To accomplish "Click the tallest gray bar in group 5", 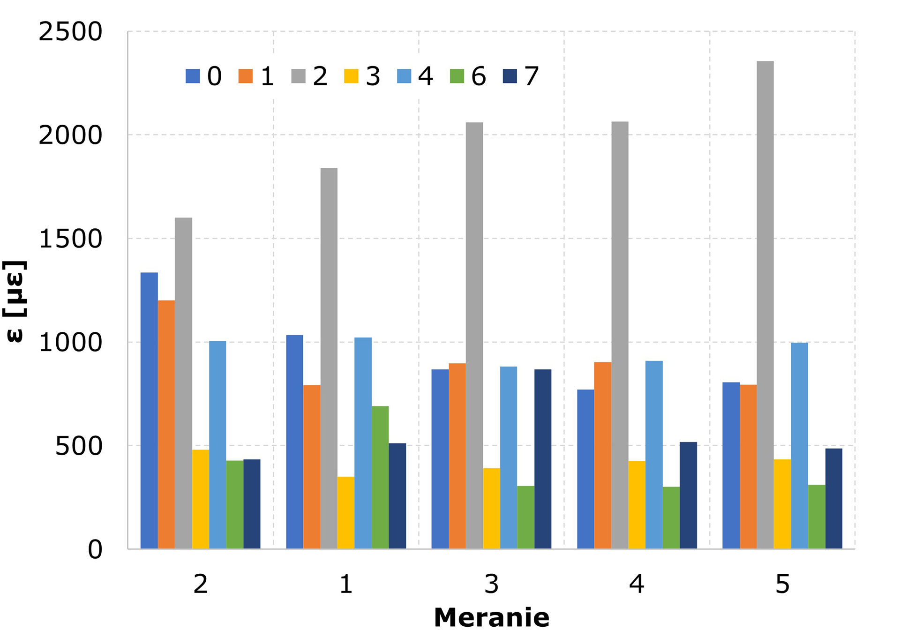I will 765,305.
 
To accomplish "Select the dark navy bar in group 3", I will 543,459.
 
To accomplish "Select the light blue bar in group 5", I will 799,445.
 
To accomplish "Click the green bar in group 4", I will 671,517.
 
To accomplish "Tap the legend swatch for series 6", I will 457,76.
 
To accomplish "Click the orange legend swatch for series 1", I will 245,76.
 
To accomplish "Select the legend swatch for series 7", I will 510,76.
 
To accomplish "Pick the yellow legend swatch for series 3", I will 351,76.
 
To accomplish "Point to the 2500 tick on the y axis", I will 70,32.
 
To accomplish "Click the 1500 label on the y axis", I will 70,239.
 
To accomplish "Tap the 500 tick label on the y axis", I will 79,446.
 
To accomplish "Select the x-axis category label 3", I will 491,584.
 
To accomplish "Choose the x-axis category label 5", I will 782,584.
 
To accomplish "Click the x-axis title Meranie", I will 491,617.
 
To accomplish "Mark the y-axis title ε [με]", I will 15,301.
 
